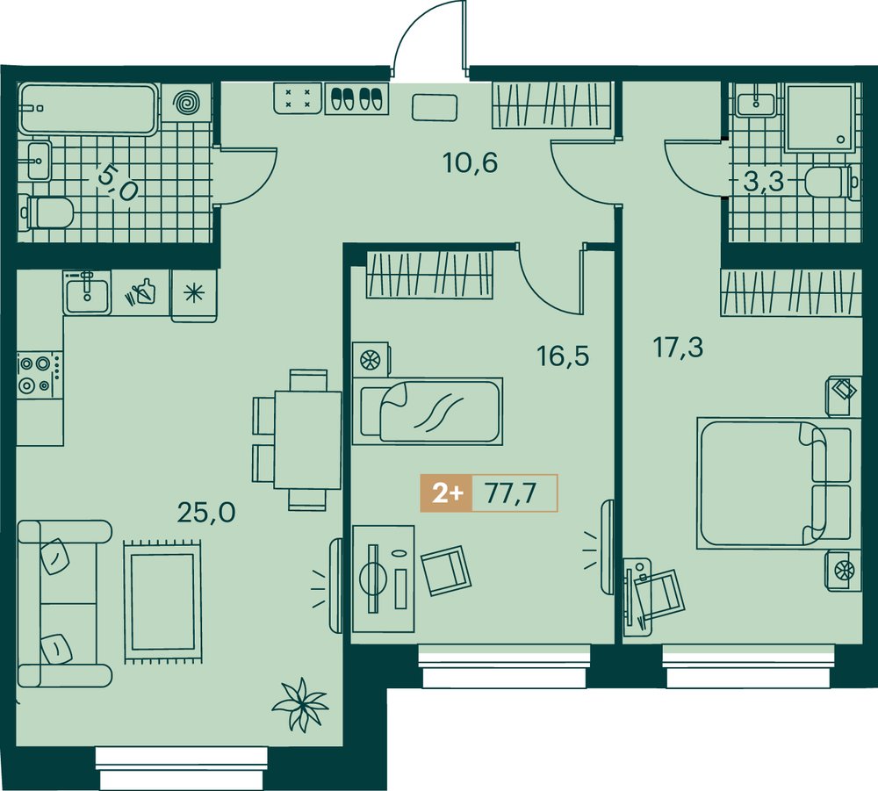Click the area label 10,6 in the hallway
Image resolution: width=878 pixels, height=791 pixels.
tap(471, 163)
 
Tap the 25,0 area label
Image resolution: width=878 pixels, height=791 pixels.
tap(206, 512)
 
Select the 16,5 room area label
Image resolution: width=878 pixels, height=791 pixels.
tap(563, 356)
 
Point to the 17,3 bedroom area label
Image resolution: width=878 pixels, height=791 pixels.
tap(678, 348)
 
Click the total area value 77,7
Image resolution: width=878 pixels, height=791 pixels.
tap(512, 493)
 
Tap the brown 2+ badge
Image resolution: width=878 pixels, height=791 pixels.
tap(446, 493)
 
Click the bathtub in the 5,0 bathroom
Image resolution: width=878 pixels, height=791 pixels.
tap(88, 109)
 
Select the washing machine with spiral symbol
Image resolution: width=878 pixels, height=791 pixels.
tap(186, 102)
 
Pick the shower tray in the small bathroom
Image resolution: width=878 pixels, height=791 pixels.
tap(821, 119)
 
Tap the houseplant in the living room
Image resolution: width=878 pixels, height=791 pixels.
tap(300, 704)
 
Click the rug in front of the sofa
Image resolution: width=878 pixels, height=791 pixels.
tap(162, 600)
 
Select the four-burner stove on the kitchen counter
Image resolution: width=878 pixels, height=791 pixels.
tap(39, 375)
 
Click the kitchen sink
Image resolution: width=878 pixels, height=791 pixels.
tap(87, 292)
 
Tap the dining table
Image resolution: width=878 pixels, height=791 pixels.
tap(307, 440)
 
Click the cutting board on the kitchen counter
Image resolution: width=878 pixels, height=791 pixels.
tap(140, 292)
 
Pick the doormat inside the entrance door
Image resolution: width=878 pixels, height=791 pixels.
tap(435, 107)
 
